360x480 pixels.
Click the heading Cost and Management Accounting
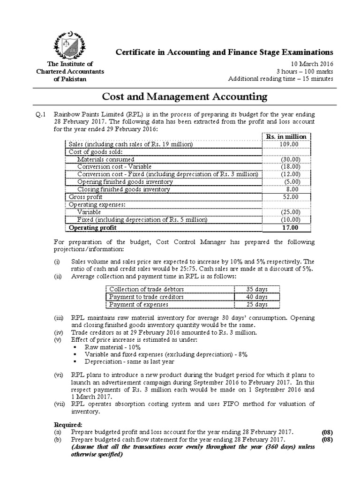(x=185, y=97)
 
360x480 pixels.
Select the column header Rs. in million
(x=286, y=136)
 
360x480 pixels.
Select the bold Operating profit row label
(x=91, y=228)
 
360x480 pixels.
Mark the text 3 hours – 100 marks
(x=305, y=71)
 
